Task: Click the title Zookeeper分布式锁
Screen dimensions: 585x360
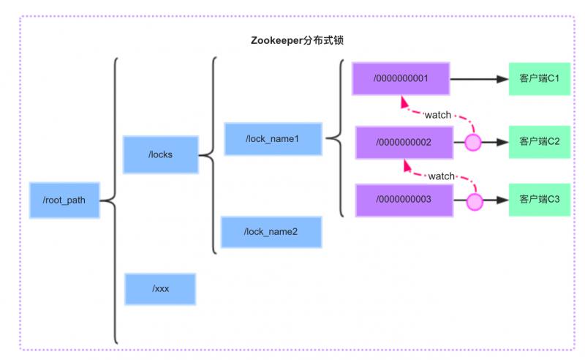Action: click(297, 40)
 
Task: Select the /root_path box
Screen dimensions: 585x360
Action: click(64, 200)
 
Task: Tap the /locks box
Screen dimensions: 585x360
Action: click(160, 154)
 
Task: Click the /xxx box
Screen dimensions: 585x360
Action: click(160, 289)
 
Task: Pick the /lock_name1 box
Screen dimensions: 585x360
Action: click(273, 139)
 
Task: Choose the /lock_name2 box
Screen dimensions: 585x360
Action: click(271, 232)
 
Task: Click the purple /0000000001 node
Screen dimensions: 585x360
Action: click(401, 78)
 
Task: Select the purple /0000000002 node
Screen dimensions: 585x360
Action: click(404, 142)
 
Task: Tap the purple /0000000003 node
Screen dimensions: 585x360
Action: click(404, 200)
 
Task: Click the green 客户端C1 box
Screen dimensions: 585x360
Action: click(540, 79)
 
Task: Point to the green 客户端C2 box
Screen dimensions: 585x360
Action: click(540, 142)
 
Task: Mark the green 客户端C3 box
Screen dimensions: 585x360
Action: click(540, 200)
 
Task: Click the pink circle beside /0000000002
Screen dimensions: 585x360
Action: click(473, 142)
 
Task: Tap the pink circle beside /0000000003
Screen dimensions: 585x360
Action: click(475, 202)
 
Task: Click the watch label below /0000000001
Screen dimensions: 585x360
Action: click(437, 115)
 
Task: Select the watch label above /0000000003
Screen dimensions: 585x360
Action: click(441, 176)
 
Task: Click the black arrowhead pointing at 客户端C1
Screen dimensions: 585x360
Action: click(502, 79)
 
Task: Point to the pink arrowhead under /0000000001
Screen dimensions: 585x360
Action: click(404, 102)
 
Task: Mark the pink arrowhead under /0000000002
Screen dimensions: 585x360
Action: click(407, 166)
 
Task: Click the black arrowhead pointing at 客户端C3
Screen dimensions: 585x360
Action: click(502, 200)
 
